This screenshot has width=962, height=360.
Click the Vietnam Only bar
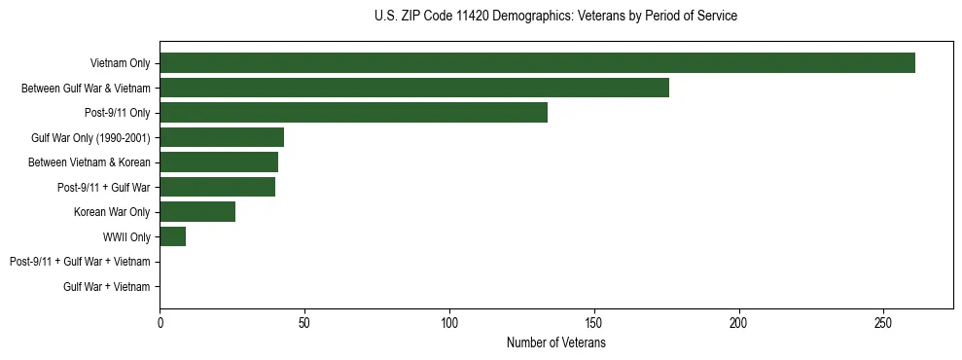click(x=537, y=63)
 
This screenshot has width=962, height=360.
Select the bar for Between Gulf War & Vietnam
click(x=413, y=89)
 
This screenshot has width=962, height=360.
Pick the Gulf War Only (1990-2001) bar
click(x=222, y=137)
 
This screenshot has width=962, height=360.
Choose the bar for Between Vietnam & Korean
click(x=219, y=162)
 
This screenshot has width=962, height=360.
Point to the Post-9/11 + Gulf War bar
click(x=217, y=187)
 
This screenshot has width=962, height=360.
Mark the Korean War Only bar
click(x=197, y=212)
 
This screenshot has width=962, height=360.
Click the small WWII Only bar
click(x=172, y=236)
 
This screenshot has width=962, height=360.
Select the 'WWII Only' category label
click(x=126, y=236)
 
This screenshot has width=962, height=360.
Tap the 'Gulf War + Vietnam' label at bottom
click(x=107, y=286)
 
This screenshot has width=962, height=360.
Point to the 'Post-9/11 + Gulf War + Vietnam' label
click(x=80, y=262)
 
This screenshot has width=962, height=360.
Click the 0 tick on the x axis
click(x=160, y=322)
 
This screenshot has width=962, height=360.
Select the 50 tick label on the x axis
click(x=304, y=322)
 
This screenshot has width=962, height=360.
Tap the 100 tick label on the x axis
click(x=449, y=322)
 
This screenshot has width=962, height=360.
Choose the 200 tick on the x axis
click(x=739, y=322)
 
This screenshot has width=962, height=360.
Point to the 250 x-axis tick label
click(x=883, y=322)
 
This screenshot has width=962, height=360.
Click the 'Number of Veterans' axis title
click(x=555, y=342)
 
